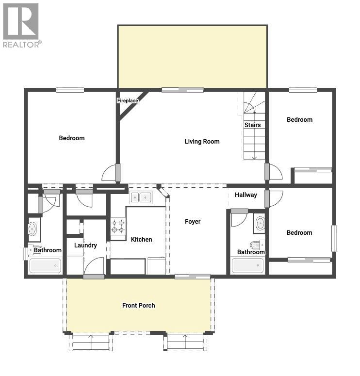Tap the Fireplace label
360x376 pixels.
click(x=128, y=101)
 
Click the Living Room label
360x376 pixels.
click(x=202, y=142)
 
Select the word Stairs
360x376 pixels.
click(x=252, y=125)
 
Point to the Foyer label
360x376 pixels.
click(x=193, y=222)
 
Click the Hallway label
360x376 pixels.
click(x=246, y=195)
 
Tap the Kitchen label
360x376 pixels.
click(x=141, y=240)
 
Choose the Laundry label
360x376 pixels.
click(x=85, y=245)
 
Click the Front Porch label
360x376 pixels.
click(x=139, y=306)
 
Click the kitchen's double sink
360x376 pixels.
click(x=141, y=197)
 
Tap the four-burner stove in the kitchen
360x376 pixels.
click(x=118, y=227)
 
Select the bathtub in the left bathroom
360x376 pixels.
click(x=45, y=265)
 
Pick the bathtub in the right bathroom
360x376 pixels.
click(x=247, y=265)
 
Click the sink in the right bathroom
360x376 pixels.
click(x=260, y=223)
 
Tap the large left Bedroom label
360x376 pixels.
click(x=72, y=138)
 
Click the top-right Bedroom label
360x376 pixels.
click(x=299, y=120)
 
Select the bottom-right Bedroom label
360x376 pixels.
click(x=299, y=233)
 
